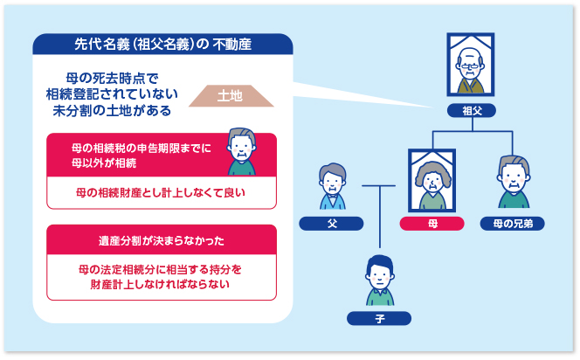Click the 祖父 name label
point(472,110)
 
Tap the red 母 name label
point(432,224)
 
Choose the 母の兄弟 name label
point(513,224)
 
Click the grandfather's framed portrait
point(472,66)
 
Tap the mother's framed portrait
point(432,180)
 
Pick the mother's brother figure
point(513,182)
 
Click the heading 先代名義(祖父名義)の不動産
point(162,45)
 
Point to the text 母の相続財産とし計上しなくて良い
point(162,192)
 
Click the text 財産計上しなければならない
point(162,285)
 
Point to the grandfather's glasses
point(472,60)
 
